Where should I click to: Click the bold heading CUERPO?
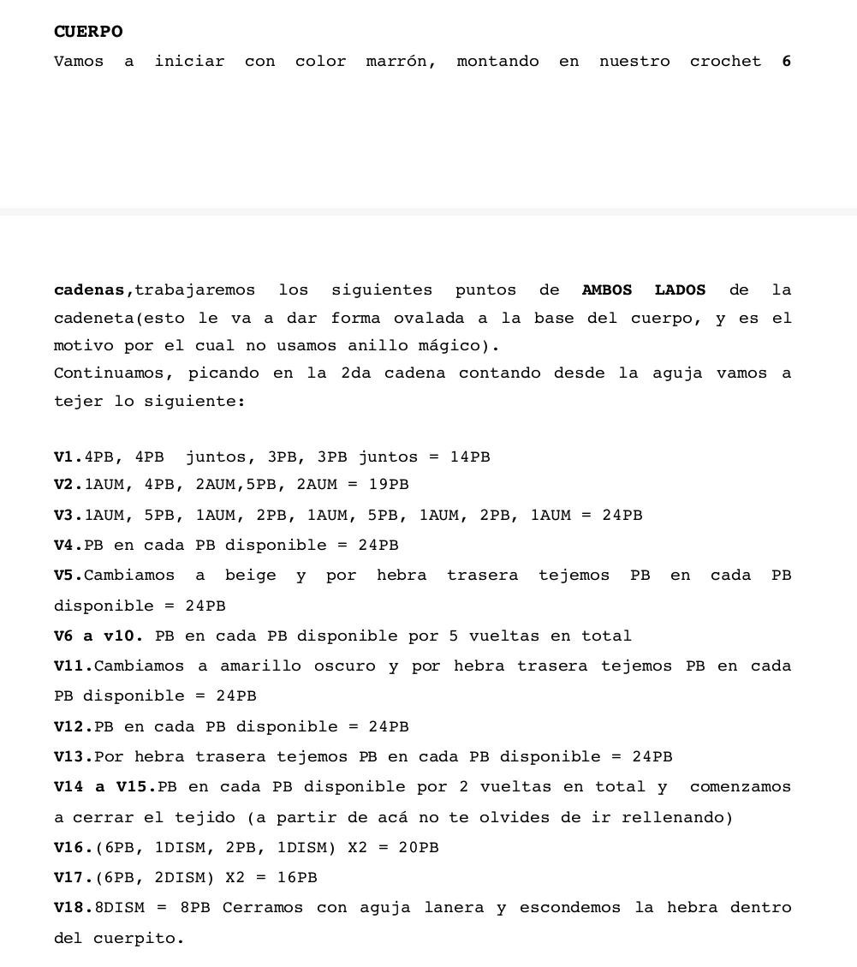point(88,32)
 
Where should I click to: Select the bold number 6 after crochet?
point(786,62)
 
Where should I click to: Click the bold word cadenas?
point(89,290)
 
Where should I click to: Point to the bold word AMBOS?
point(607,290)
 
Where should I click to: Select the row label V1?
point(68,457)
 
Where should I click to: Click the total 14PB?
point(470,457)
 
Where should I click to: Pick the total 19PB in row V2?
point(389,485)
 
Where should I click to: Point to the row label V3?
point(68,516)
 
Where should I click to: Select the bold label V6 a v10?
point(98,636)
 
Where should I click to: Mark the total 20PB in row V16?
point(419,848)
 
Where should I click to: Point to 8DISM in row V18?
point(120,908)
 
